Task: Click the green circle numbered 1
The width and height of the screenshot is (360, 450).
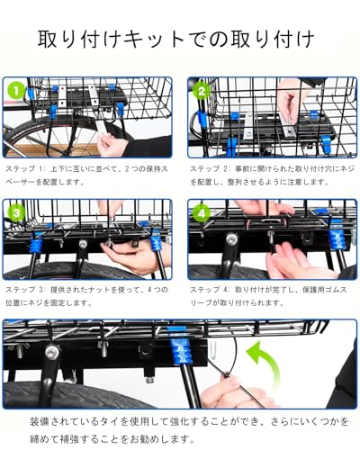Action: tap(16, 91)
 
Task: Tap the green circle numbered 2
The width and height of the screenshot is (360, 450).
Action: tap(202, 91)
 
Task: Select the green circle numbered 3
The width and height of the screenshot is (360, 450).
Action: tap(16, 213)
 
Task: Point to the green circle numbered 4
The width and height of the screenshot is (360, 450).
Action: tap(202, 213)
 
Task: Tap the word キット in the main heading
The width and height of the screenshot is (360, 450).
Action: tap(154, 40)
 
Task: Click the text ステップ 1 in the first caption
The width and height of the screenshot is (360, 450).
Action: tap(24, 169)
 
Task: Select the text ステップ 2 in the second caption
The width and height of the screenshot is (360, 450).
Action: tap(209, 169)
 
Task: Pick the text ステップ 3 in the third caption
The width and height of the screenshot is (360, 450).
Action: tap(24, 290)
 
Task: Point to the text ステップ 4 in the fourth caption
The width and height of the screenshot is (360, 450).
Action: tap(209, 290)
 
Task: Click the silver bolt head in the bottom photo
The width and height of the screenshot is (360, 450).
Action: tap(52, 350)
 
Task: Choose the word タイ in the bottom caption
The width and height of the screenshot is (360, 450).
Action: tap(108, 421)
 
